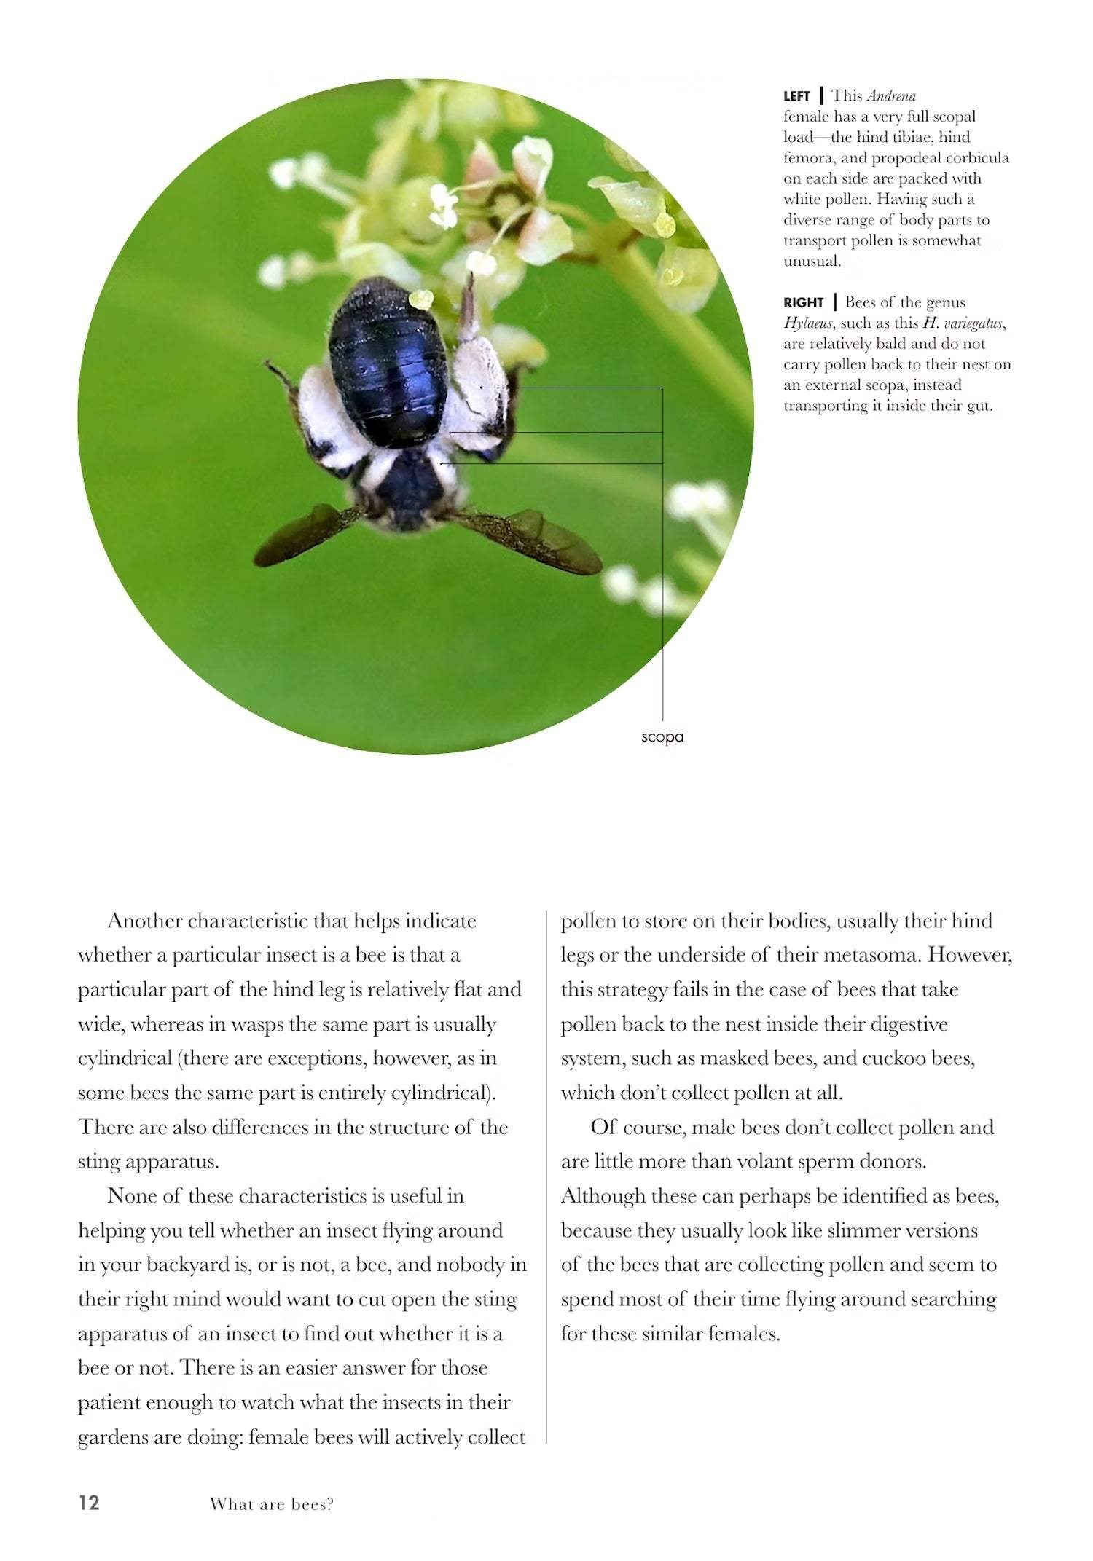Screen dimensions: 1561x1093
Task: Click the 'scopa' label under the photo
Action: pos(662,736)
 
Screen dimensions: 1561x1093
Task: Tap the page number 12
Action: pos(89,1503)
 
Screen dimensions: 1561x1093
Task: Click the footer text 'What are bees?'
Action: pos(271,1504)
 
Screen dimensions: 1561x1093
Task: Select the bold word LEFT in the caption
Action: pos(796,96)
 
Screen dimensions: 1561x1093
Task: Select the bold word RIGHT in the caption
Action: pos(803,303)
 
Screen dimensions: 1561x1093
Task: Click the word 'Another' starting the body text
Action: pos(145,921)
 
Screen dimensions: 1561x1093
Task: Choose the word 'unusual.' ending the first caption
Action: pos(812,262)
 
